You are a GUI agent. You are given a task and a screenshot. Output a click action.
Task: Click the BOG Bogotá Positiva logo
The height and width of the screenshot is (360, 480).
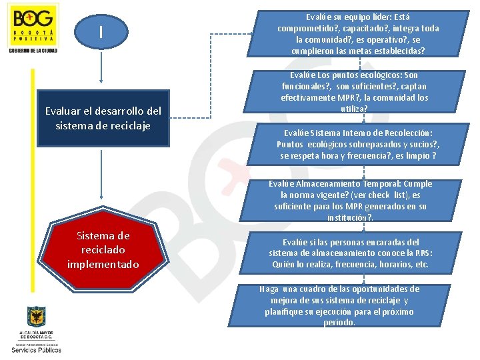tap(33, 24)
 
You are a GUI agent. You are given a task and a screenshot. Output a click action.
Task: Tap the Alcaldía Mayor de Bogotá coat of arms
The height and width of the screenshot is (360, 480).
tap(36, 318)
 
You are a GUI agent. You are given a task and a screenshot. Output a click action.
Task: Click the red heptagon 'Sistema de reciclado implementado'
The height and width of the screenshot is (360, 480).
tap(103, 249)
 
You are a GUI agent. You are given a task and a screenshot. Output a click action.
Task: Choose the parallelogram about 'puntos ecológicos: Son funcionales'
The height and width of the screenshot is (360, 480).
tap(354, 92)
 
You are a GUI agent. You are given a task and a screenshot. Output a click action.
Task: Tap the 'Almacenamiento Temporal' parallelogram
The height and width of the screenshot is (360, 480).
tap(350, 200)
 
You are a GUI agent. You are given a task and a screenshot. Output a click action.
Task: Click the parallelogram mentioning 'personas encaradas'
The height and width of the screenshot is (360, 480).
tap(350, 253)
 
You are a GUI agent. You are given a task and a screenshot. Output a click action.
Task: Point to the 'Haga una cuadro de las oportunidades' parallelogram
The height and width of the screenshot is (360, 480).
tap(350, 306)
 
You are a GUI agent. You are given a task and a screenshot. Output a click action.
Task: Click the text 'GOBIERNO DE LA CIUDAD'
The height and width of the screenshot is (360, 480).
tap(33, 51)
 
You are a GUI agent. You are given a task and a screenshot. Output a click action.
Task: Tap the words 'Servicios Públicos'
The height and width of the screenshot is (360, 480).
tap(36, 349)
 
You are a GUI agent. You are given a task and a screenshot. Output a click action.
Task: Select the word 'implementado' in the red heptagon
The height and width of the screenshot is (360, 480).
tap(103, 265)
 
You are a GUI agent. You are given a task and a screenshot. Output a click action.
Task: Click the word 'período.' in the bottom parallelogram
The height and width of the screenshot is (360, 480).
tap(340, 323)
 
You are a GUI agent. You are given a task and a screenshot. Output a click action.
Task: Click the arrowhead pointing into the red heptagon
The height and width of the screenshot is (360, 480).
tap(101, 214)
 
